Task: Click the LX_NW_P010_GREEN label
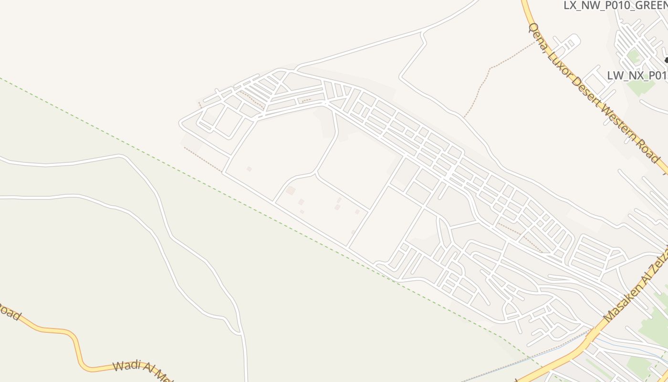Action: tap(616, 5)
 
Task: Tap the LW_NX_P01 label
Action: tap(637, 75)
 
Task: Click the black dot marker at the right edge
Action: tap(667, 60)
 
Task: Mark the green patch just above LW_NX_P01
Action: tap(633, 56)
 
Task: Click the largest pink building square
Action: tap(290, 191)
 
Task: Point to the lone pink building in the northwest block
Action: tap(249, 169)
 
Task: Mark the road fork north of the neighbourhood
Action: tap(423, 32)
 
